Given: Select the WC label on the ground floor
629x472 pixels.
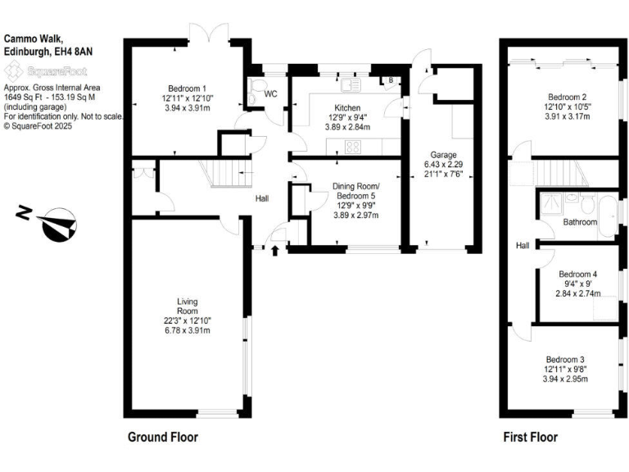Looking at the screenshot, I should point(270,94).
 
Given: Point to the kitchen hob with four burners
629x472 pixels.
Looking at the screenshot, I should point(354,147).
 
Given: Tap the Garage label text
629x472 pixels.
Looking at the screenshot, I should point(443,155).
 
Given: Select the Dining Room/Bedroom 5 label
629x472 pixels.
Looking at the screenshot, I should point(355,195).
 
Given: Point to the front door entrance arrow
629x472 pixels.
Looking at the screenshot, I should point(274,248).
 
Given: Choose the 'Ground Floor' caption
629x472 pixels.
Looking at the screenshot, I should point(162,437).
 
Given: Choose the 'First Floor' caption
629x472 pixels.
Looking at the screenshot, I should point(530,437).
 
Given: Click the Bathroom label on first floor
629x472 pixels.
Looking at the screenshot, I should point(579,222).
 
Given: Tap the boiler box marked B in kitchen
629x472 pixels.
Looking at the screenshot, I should point(390,80).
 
